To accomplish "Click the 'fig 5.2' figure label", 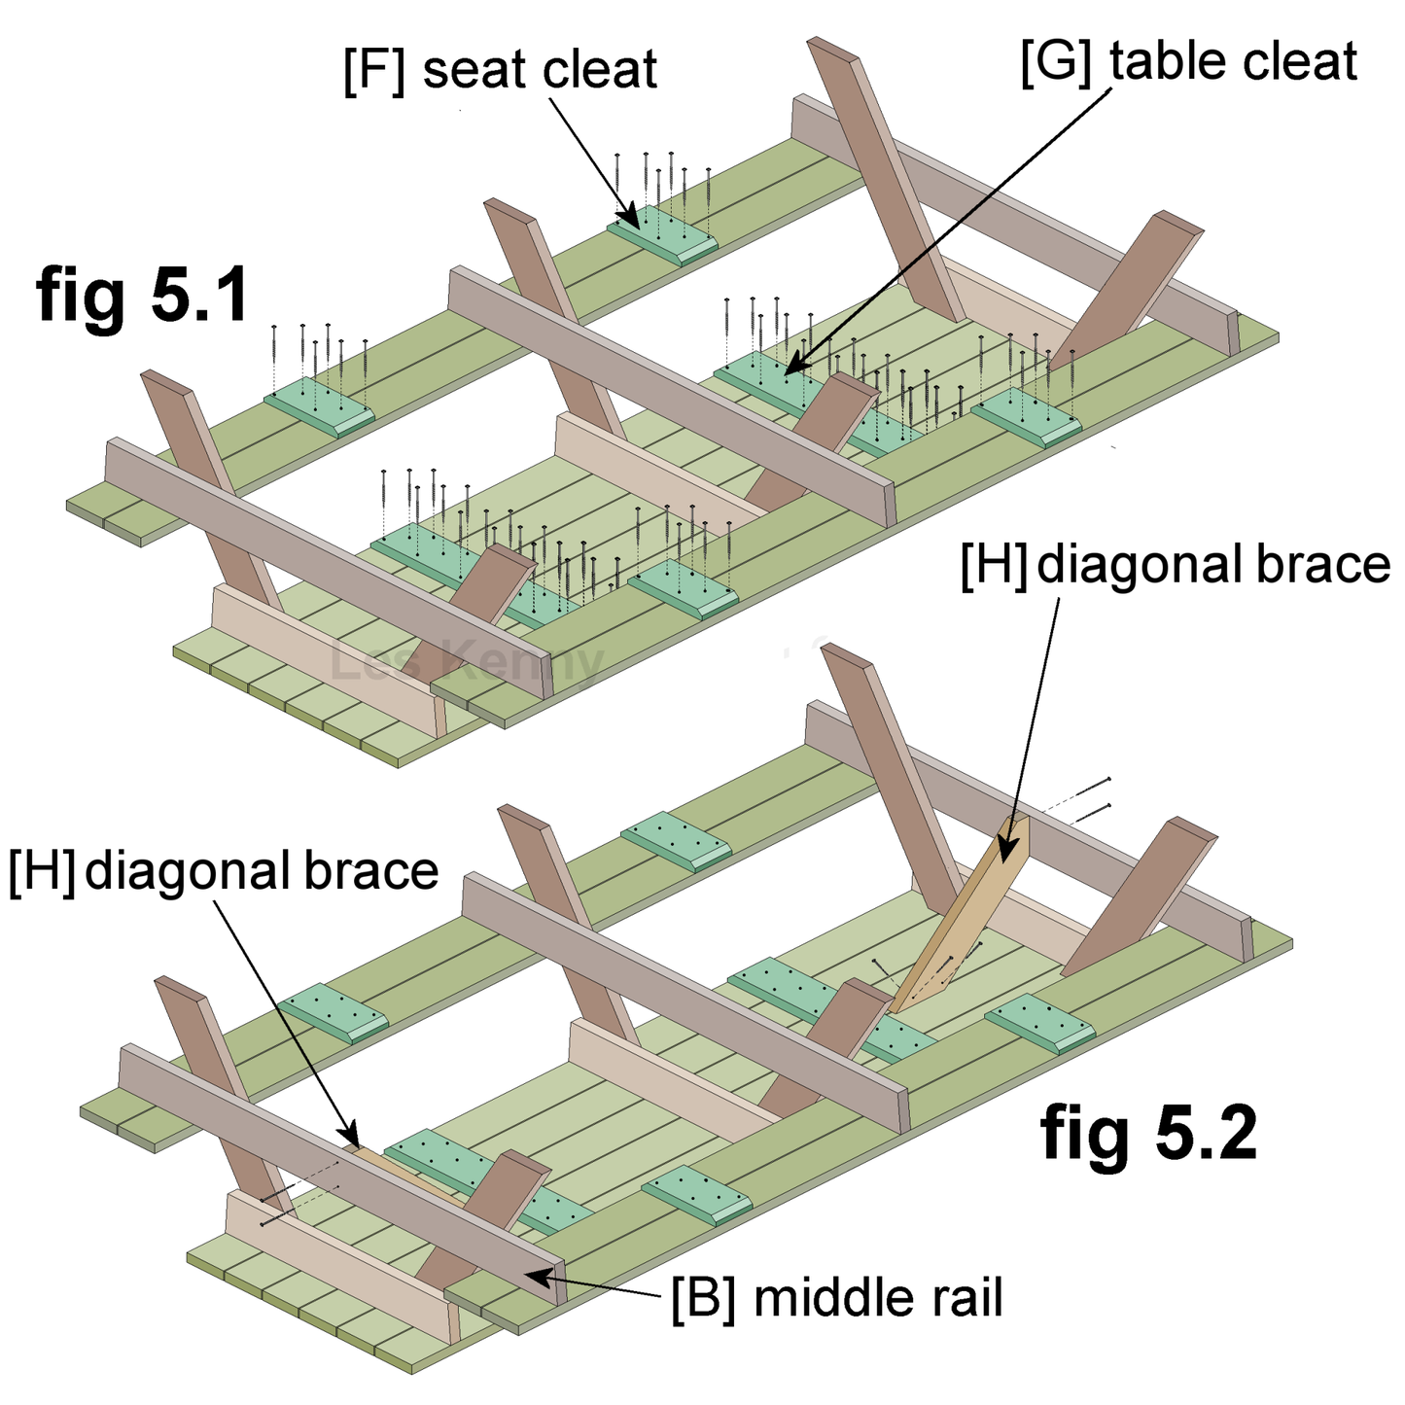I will pos(1148,1133).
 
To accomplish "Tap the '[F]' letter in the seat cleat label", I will pos(373,71).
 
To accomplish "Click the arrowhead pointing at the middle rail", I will pos(531,1274).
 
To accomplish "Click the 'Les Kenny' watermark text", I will pos(467,661).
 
